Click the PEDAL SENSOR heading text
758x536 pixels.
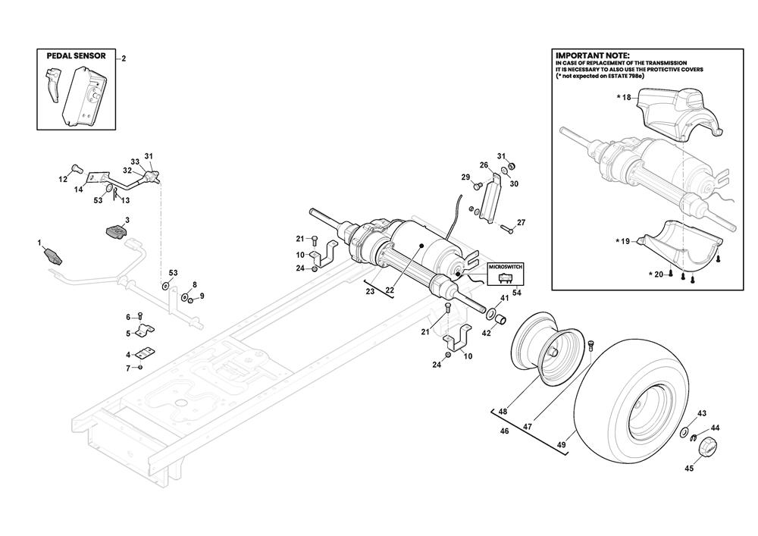[76, 56]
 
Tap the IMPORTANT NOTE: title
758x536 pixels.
[593, 56]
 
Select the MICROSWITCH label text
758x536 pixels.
[505, 267]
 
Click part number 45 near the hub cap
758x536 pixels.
[689, 469]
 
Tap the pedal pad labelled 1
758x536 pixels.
[54, 255]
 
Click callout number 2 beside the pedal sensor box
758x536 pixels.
[124, 59]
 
